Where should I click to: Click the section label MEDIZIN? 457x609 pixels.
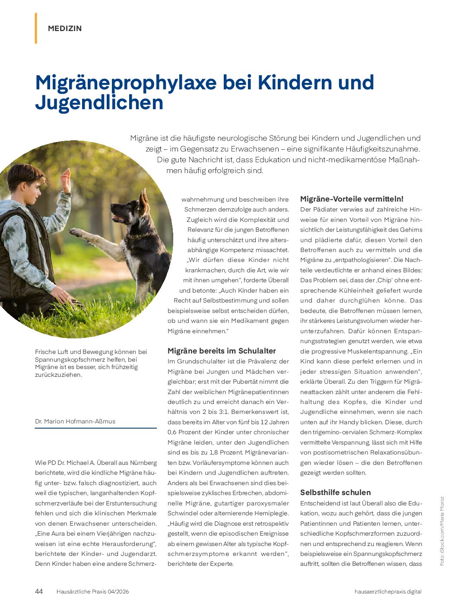tap(65, 28)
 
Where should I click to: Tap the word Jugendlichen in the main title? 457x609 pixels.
tap(99, 103)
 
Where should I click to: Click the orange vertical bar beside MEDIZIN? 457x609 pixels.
tap(36, 28)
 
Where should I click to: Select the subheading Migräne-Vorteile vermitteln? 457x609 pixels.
tap(352, 199)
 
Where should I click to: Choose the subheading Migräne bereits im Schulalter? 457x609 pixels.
tap(222, 351)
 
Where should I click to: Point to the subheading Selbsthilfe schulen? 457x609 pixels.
tap(335, 492)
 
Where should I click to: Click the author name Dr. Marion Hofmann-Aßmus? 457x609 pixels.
tap(75, 421)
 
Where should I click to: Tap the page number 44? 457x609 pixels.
tap(39, 591)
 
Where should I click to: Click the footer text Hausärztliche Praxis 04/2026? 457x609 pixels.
tap(92, 592)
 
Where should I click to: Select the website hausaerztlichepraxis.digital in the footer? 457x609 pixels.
tap(387, 592)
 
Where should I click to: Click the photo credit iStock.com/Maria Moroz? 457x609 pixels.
tap(442, 531)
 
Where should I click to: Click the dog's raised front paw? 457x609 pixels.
tap(76, 233)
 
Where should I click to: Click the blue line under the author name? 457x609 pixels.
tap(96, 428)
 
